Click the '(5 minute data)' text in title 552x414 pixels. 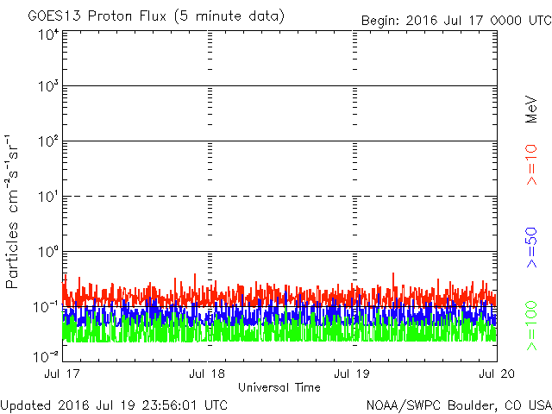(242, 16)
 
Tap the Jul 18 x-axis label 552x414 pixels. (208, 374)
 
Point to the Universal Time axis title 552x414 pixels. (279, 387)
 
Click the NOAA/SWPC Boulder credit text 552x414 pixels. (458, 405)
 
